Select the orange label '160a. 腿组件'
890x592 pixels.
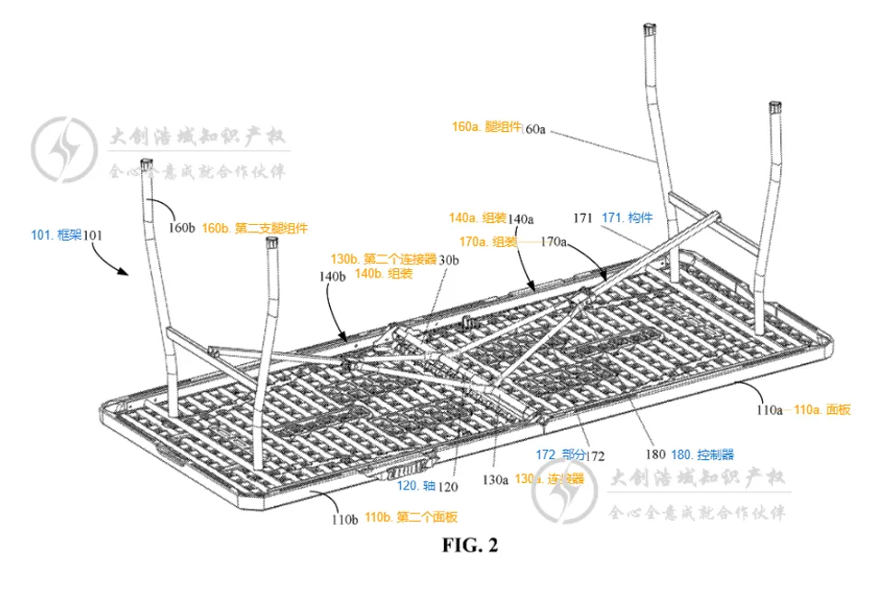pyautogui.click(x=487, y=127)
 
